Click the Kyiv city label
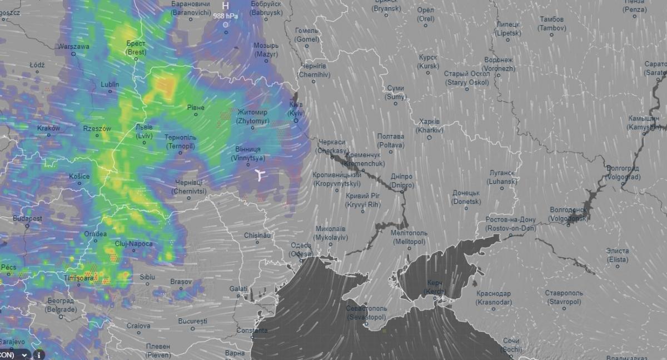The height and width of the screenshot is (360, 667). click(296, 108)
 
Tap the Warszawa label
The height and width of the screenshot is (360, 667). click(73, 47)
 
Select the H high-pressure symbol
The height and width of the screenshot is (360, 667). click(225, 6)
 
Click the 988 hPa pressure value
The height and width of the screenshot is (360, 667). click(225, 16)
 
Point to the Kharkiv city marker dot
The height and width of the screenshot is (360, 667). click(429, 137)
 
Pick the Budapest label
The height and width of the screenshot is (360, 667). click(27, 219)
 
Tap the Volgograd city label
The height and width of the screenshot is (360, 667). click(622, 172)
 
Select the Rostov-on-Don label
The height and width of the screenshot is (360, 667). click(510, 224)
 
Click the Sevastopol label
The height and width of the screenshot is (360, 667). click(366, 312)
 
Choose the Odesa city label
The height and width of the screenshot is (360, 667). click(301, 249)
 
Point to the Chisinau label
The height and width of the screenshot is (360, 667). click(257, 235)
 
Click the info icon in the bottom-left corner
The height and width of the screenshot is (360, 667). click(39, 354)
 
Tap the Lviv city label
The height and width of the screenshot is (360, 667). click(144, 131)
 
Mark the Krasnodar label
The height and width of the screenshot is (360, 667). click(493, 297)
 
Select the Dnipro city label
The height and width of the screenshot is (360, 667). click(401, 181)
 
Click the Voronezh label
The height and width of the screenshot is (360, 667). click(499, 64)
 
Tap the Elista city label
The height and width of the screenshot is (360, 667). click(618, 255)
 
